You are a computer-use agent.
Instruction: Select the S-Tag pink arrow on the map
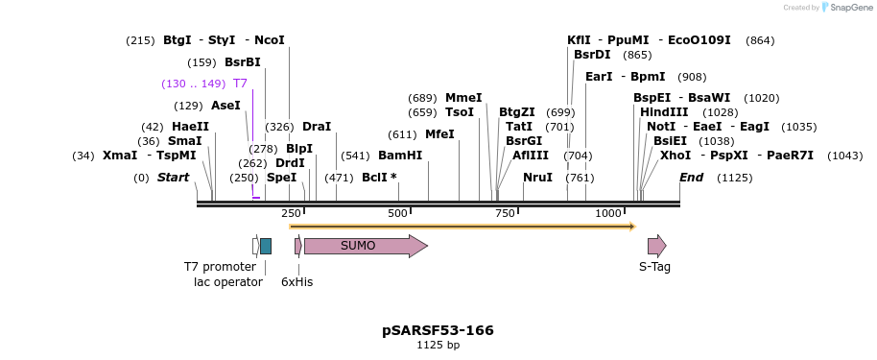point(656,246)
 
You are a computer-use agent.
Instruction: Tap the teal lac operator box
point(266,246)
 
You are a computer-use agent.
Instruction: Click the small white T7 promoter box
point(255,246)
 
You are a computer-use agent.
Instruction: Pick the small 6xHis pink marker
point(298,246)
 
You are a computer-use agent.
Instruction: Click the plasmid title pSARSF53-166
point(438,330)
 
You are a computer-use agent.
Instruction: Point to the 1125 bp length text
point(438,346)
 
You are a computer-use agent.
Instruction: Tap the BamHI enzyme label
point(400,156)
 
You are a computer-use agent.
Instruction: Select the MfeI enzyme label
point(439,134)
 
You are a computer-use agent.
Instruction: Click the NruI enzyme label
point(537,178)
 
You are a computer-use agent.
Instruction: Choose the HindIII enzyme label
point(664,112)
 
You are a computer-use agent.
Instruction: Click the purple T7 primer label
point(240,84)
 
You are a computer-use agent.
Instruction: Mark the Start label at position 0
point(174,178)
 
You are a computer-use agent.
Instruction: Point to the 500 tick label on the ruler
point(397,213)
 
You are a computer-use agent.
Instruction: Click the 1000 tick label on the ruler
point(608,213)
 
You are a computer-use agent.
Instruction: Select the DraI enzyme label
point(317,127)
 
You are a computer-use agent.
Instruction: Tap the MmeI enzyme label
point(463,98)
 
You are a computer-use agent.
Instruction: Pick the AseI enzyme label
point(225,106)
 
